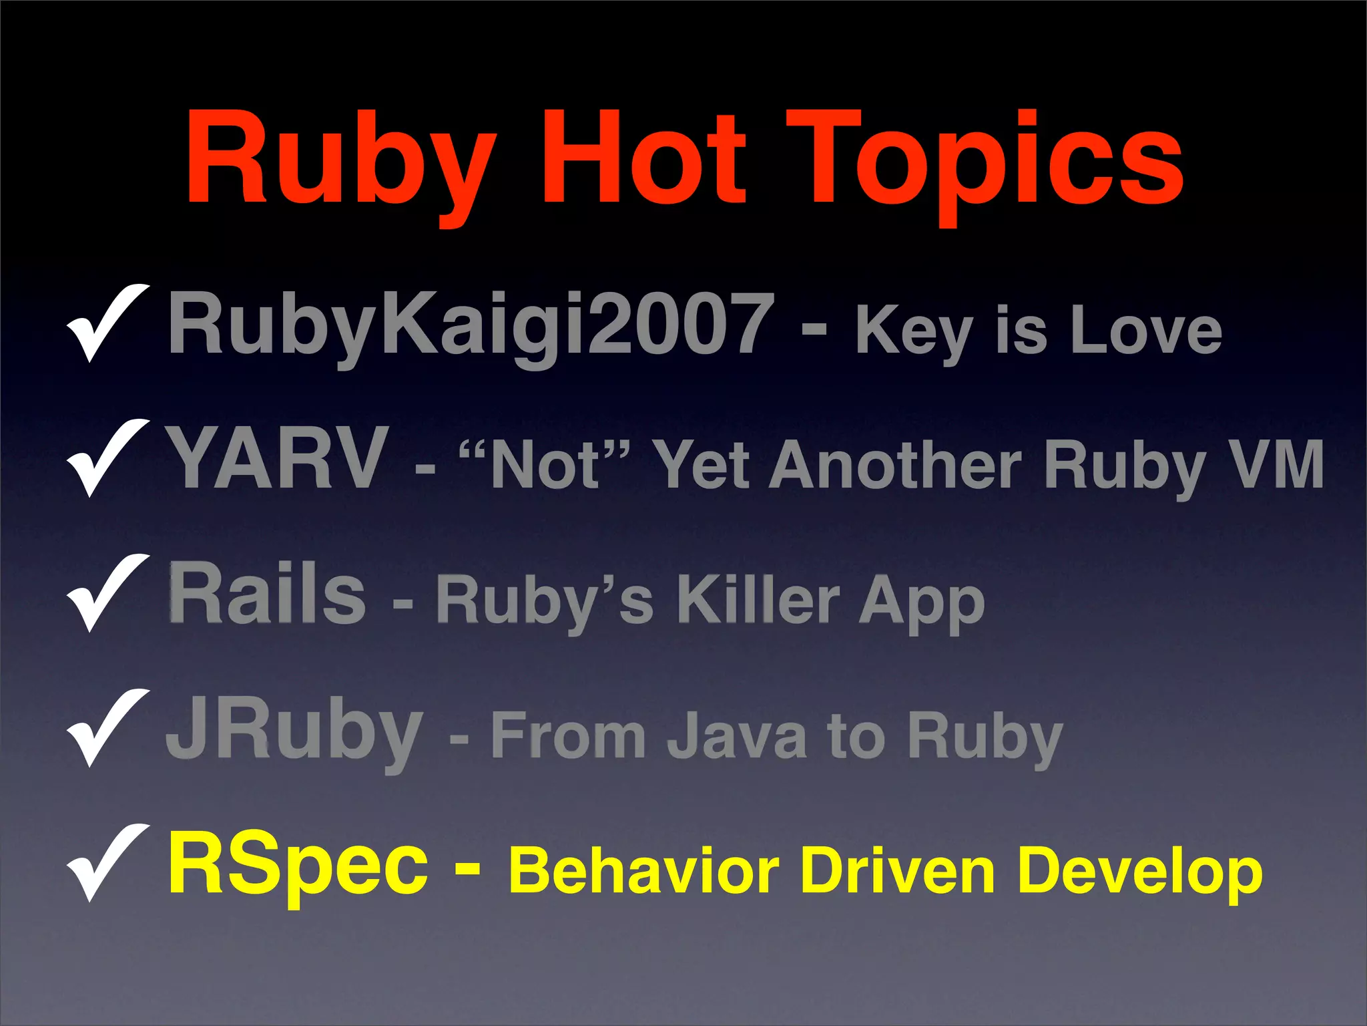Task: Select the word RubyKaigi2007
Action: point(471,325)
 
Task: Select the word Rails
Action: point(267,594)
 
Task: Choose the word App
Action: point(922,603)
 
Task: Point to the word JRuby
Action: point(294,731)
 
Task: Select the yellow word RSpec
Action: point(298,867)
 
